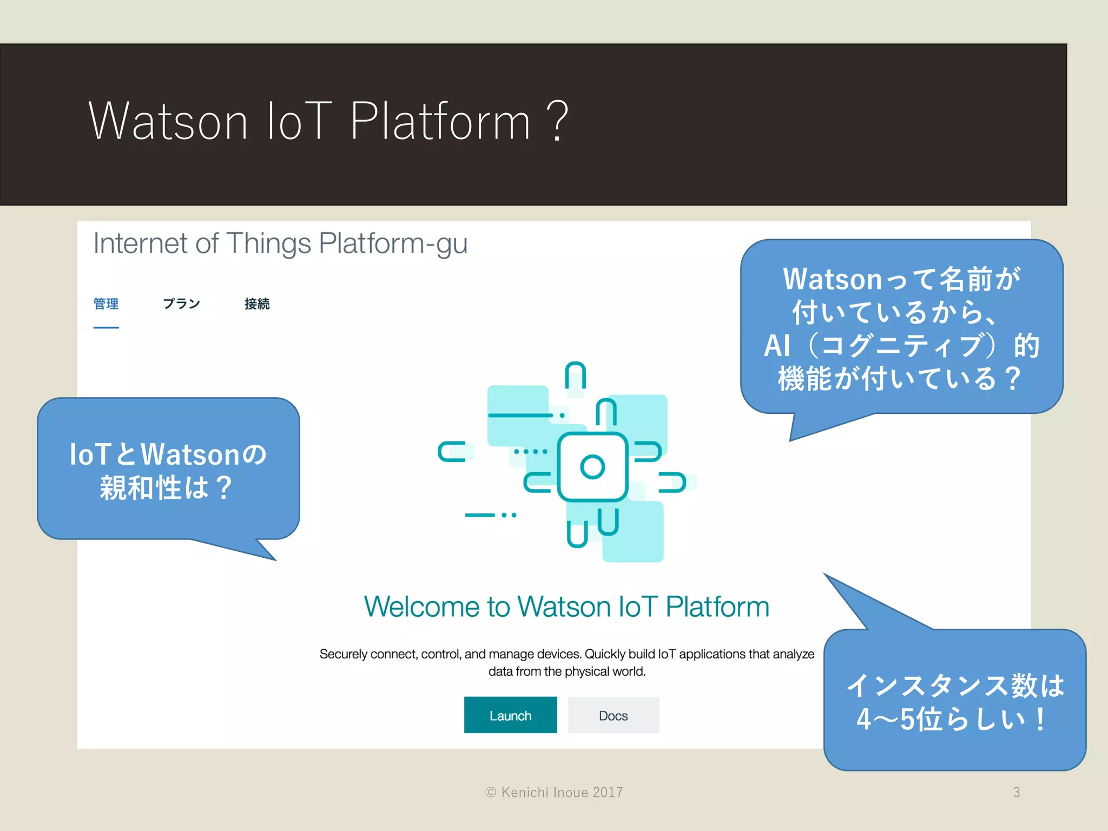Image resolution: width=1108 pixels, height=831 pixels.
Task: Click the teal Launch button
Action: point(510,715)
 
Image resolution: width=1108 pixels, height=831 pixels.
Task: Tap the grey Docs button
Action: point(613,715)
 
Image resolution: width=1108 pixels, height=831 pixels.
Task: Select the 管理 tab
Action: point(106,304)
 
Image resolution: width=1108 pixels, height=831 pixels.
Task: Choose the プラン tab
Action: point(181,304)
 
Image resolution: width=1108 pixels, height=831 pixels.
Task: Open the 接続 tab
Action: point(257,304)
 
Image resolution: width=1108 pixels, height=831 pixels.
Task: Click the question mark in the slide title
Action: point(557,121)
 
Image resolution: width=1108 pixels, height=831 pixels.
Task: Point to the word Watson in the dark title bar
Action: point(168,121)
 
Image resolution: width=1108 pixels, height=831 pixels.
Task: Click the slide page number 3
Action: point(1017,792)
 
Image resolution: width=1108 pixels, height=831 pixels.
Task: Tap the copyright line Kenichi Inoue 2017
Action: point(555,792)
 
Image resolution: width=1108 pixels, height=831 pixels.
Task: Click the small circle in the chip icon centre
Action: point(592,467)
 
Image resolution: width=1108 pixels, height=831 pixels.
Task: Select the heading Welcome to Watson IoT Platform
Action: point(566,606)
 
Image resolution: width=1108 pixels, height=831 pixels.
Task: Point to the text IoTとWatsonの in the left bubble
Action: point(168,454)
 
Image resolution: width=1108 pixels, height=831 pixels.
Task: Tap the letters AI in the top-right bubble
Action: point(777,346)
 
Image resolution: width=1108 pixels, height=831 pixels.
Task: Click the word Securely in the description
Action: point(344,654)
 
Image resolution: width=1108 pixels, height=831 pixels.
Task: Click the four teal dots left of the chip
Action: point(531,451)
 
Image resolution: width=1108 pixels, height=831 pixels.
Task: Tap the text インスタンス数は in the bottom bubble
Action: point(955,686)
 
